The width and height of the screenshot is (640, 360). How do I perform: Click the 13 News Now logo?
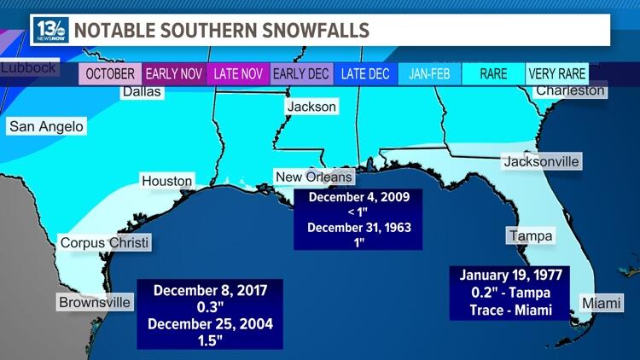[50, 30]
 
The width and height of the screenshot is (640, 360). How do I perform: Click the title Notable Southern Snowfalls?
[222, 31]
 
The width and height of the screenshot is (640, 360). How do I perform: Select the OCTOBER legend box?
[110, 74]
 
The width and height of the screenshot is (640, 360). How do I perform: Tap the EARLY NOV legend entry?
[174, 74]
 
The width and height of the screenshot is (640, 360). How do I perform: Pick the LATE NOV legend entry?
[238, 74]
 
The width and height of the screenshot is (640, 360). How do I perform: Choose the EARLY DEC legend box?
[301, 74]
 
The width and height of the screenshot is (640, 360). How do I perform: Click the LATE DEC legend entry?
[365, 74]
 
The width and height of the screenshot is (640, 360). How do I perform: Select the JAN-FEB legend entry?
[429, 74]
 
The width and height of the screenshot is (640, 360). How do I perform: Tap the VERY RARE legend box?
[557, 74]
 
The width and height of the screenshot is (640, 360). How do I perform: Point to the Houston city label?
[167, 181]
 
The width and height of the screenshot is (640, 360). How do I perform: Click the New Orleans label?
[313, 177]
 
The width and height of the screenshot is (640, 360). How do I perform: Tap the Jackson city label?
[311, 107]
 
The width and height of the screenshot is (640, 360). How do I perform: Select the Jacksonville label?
[542, 161]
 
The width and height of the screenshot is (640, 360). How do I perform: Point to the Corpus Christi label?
[105, 243]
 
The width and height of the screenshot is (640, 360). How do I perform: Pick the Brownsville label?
[95, 302]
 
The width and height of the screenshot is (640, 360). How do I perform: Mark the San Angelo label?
[46, 127]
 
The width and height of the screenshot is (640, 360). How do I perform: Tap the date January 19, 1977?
[512, 276]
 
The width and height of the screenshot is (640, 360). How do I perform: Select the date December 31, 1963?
[358, 228]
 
